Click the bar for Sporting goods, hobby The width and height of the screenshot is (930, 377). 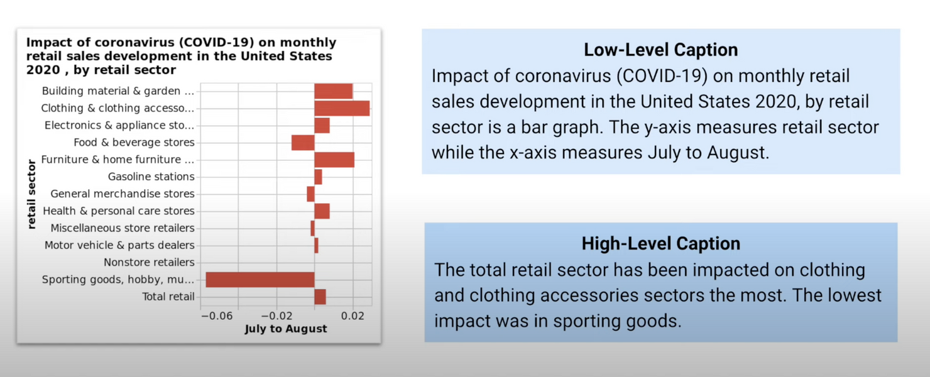point(260,280)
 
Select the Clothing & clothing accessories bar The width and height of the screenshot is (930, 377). point(342,108)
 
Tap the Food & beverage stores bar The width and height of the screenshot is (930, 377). point(303,143)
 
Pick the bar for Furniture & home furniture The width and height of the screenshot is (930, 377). point(334,160)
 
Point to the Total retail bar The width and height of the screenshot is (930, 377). point(320,297)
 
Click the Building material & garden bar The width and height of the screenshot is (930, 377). point(333,91)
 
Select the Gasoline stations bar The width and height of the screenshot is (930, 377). point(318,177)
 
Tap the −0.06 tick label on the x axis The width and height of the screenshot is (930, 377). point(217,315)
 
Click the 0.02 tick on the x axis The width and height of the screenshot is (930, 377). point(353,315)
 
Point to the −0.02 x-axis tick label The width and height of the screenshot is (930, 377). point(276,315)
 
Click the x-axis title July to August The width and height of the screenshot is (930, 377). point(285,329)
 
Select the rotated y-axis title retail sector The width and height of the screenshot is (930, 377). point(31,194)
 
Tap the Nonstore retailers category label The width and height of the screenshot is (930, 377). point(149,262)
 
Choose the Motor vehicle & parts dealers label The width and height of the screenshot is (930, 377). point(119,245)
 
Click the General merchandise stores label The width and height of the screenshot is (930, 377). point(123,194)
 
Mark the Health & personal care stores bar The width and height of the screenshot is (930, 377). point(322,211)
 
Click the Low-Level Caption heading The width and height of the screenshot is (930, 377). point(660,50)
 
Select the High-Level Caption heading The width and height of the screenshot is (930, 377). point(660,243)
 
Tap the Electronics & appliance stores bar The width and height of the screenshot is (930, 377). point(322,125)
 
